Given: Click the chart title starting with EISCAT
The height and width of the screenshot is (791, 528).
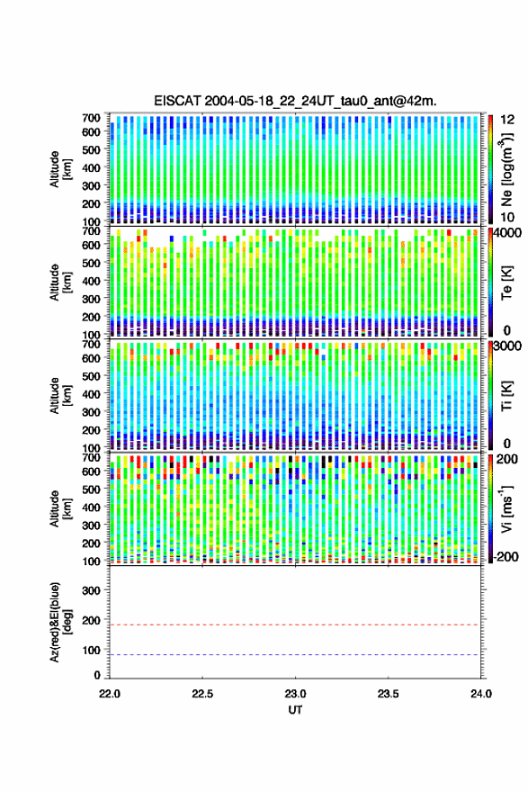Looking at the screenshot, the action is (x=295, y=101).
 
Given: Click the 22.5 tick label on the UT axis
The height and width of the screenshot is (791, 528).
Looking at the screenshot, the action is (x=202, y=694).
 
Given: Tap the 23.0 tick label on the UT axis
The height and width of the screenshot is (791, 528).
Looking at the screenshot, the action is (x=295, y=694).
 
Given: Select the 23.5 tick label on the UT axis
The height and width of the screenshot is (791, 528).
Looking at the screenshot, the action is (x=388, y=694).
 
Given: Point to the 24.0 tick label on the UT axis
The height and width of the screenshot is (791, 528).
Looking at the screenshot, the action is (x=480, y=694).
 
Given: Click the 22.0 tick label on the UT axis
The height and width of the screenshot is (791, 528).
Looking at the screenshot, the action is (x=110, y=694).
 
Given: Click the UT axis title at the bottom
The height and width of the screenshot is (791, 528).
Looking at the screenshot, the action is (x=295, y=710).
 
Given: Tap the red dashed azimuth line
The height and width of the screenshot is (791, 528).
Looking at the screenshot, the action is (x=294, y=625).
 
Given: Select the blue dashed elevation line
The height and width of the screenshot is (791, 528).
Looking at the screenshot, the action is (x=294, y=655).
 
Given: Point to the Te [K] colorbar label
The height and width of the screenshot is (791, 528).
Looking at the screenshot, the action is (x=506, y=283).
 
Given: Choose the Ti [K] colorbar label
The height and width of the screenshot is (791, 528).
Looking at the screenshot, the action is (x=506, y=396).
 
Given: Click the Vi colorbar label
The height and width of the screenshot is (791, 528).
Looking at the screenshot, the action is (x=506, y=508).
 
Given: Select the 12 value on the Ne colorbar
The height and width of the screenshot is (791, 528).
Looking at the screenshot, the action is (x=507, y=120).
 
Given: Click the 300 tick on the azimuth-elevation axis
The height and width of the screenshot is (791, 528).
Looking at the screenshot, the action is (x=91, y=590).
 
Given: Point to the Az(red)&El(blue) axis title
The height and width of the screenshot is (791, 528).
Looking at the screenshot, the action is (x=60, y=622).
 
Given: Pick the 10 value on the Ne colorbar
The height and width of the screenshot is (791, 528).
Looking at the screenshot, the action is (x=507, y=217).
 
